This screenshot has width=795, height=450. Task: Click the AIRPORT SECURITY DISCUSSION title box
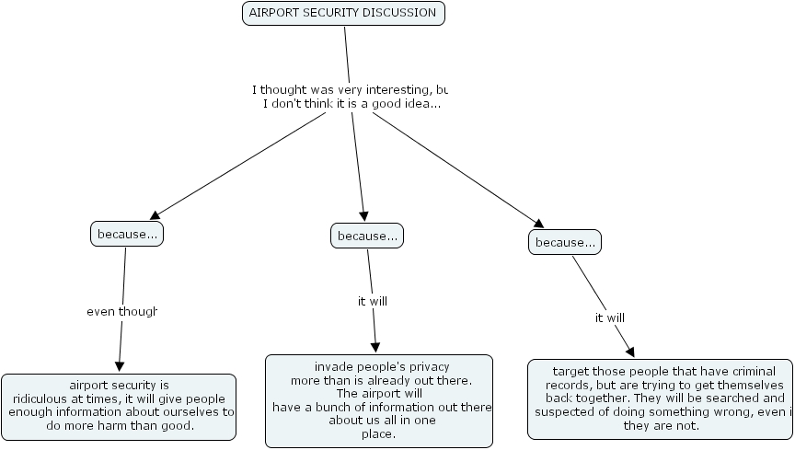click(x=343, y=13)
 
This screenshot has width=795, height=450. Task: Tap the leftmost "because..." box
click(x=127, y=234)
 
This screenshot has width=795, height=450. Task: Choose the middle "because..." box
click(x=367, y=236)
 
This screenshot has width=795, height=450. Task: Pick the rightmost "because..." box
click(x=564, y=242)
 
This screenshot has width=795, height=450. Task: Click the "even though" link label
click(x=122, y=311)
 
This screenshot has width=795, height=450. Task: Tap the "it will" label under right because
click(x=610, y=317)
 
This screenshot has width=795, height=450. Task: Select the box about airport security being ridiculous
click(x=120, y=405)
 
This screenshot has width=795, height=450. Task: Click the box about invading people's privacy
click(x=379, y=400)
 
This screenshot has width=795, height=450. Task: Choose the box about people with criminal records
click(x=661, y=398)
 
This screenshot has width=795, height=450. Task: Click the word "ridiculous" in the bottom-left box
click(x=42, y=398)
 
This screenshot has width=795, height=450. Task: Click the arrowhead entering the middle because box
click(x=364, y=217)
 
